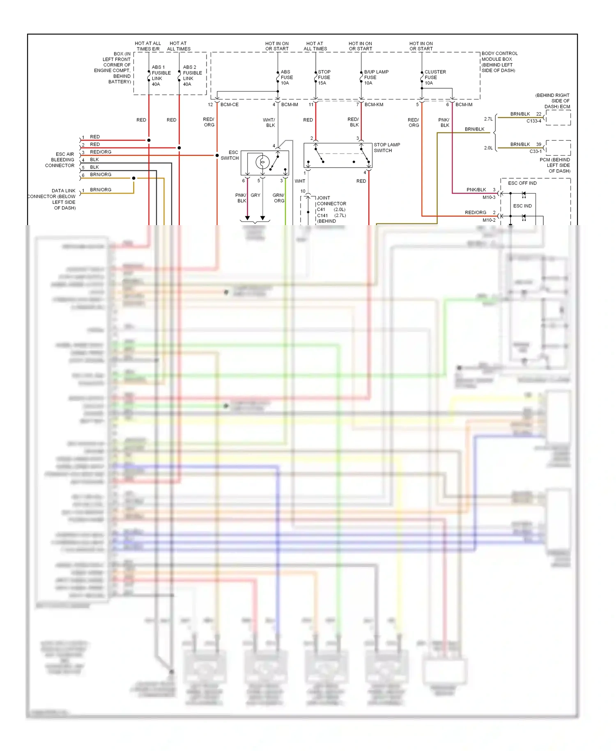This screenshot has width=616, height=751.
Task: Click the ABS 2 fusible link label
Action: click(192, 76)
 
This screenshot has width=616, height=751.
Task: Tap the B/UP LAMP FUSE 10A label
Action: click(375, 77)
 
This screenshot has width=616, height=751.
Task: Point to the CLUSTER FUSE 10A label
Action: click(434, 77)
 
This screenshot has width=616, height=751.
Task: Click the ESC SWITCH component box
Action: click(264, 163)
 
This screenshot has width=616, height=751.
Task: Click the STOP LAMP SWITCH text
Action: click(386, 147)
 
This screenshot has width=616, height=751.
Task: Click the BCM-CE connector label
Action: click(229, 105)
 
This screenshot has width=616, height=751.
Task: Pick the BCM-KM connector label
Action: click(374, 105)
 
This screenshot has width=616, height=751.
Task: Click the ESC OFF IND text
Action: click(522, 183)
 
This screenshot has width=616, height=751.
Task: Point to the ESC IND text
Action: click(522, 206)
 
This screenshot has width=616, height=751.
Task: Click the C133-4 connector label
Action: click(533, 121)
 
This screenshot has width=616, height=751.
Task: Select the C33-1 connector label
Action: click(535, 151)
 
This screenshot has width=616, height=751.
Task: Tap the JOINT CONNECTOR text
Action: click(331, 201)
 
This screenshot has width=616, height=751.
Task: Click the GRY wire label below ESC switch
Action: click(255, 196)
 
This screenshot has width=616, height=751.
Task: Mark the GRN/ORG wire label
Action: click(278, 198)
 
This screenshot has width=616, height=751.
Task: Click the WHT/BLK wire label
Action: click(269, 122)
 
